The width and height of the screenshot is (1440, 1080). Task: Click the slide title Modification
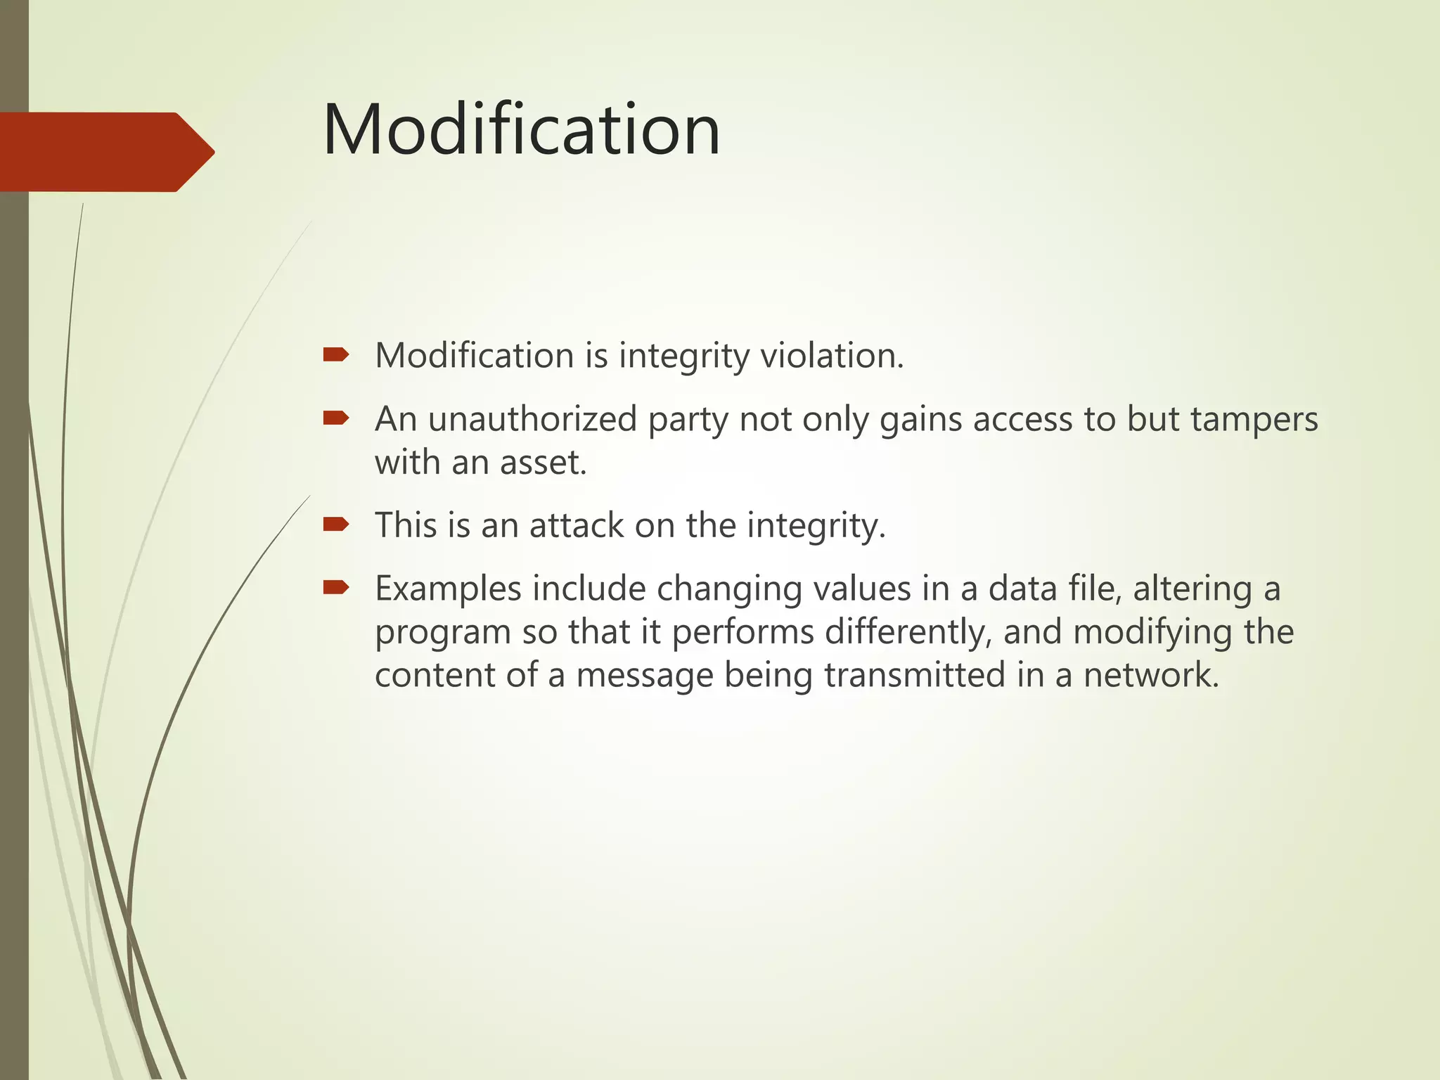tap(521, 130)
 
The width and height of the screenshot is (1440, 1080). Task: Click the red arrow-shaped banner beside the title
tap(105, 152)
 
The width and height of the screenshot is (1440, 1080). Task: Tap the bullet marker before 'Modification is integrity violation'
tap(336, 354)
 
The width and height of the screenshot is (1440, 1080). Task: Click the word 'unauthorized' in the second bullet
tap(532, 420)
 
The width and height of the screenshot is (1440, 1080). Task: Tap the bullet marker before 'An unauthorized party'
tap(336, 418)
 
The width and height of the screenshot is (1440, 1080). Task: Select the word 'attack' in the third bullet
tap(576, 526)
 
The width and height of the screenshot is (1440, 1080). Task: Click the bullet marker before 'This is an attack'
tap(336, 524)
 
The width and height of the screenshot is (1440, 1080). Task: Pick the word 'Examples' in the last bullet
tap(448, 589)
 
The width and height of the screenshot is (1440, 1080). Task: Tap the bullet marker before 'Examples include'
tap(336, 587)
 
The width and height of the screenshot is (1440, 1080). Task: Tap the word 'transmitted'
tap(914, 675)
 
